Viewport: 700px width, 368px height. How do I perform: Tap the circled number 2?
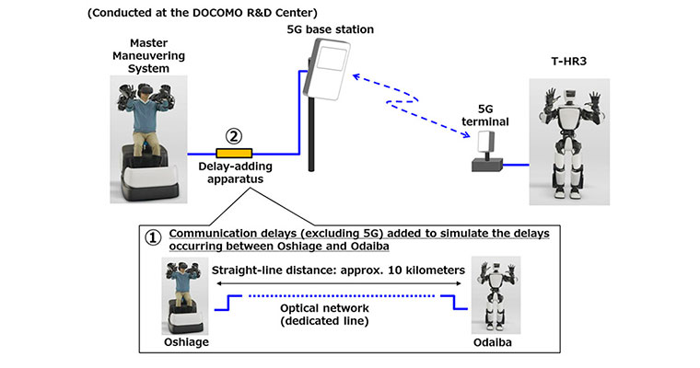234,135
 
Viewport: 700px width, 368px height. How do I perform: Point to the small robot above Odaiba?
493,292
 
